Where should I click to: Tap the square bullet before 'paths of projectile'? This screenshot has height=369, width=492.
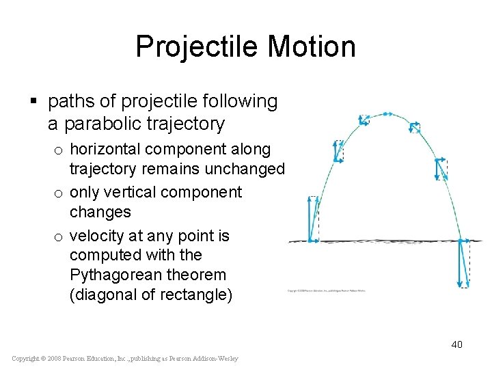click(33, 102)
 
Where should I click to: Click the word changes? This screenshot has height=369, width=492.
click(100, 212)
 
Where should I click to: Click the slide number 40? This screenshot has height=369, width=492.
click(456, 344)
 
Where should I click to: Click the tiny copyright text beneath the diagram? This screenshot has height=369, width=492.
click(327, 290)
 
